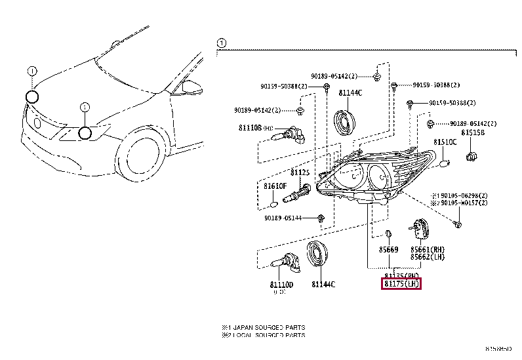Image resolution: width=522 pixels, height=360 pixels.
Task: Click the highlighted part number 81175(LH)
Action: [x=401, y=284]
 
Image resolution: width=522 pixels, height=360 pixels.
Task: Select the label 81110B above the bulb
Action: [x=249, y=129]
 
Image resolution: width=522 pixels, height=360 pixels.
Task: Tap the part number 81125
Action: [x=300, y=172]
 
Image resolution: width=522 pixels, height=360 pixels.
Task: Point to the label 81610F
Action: [x=275, y=186]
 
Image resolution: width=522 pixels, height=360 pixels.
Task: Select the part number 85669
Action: [x=388, y=250]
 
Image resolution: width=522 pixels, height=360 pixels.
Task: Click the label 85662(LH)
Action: [x=427, y=257]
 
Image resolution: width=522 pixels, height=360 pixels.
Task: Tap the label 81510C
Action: [x=445, y=142]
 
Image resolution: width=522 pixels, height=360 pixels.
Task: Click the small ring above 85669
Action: [x=388, y=234]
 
